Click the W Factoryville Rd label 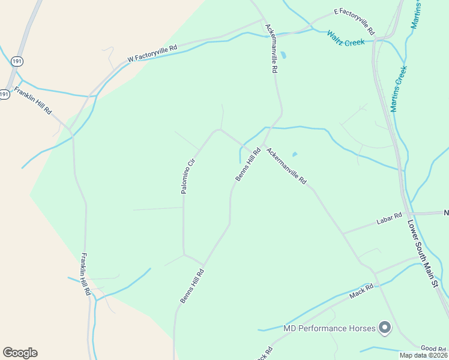coord(152,53)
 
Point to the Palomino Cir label coord(188,176)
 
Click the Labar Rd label coord(388,220)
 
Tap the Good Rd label coord(433,349)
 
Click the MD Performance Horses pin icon coord(385,328)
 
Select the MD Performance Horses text coord(329,328)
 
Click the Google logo coord(20,353)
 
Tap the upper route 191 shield coord(16,61)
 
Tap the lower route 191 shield coord(5,94)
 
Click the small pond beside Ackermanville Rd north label coord(283,55)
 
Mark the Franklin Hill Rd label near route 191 coord(34,102)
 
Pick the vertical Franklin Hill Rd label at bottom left coord(86,274)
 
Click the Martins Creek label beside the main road coord(399,89)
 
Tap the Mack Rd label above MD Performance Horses coord(361,291)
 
